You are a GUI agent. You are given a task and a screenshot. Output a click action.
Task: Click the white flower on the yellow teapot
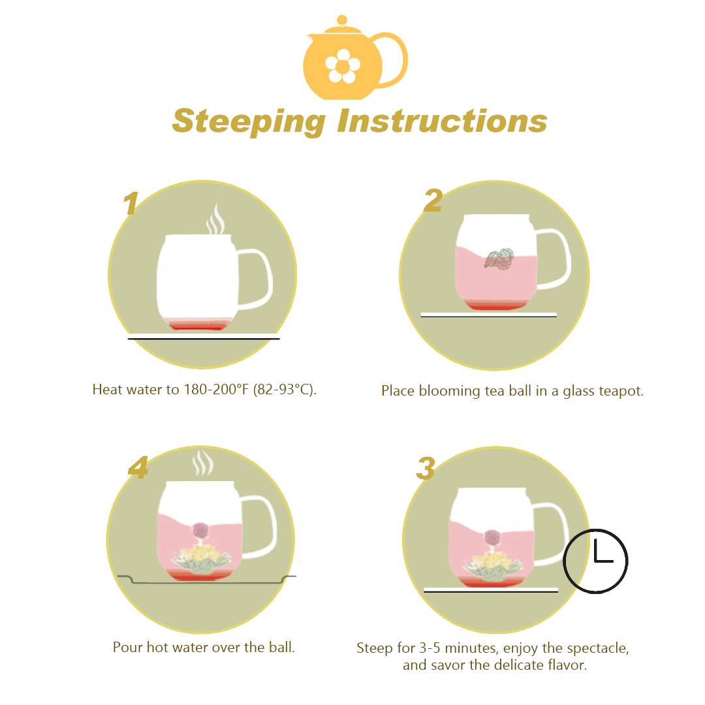pyautogui.click(x=343, y=66)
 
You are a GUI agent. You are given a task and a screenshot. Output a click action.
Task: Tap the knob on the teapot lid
pyautogui.click(x=341, y=20)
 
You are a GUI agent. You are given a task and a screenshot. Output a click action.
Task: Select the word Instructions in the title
pyautogui.click(x=443, y=121)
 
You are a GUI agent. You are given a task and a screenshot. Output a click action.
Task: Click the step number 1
pyautogui.click(x=131, y=203)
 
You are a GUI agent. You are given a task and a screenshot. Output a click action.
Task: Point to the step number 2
pyautogui.click(x=433, y=200)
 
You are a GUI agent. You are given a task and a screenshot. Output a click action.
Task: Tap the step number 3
pyautogui.click(x=426, y=468)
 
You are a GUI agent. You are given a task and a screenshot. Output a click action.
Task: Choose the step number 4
pyautogui.click(x=138, y=467)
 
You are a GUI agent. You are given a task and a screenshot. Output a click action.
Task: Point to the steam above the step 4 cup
pyautogui.click(x=203, y=463)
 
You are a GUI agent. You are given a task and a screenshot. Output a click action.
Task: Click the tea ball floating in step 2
pyautogui.click(x=499, y=258)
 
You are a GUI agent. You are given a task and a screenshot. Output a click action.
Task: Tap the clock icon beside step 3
pyautogui.click(x=596, y=561)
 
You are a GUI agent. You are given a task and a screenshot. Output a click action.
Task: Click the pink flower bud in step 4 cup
pyautogui.click(x=200, y=531)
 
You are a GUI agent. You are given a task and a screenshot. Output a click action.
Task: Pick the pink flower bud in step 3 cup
pyautogui.click(x=492, y=538)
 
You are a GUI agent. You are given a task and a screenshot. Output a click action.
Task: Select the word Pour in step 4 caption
pyautogui.click(x=128, y=647)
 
